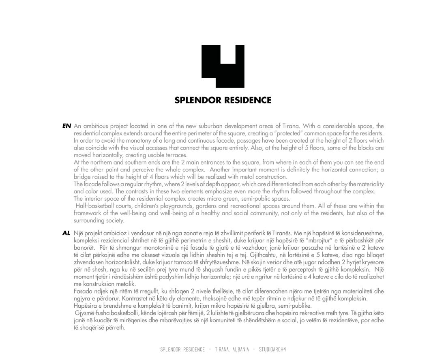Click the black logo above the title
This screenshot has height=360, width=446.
pyautogui.click(x=223, y=66)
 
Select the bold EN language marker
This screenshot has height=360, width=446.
pyautogui.click(x=66, y=126)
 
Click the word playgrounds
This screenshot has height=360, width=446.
pyautogui.click(x=169, y=206)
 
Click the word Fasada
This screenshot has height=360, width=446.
pyautogui.click(x=83, y=291)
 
